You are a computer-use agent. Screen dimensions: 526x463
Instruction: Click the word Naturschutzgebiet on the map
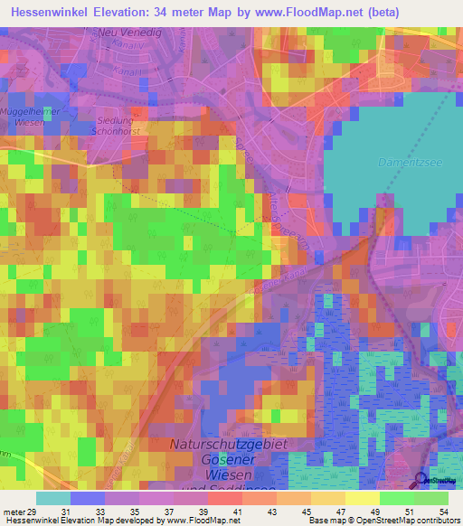pos(232,444)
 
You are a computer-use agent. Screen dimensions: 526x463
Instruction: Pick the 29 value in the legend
pos(33,512)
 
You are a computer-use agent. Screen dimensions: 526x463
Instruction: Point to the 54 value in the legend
pos(442,512)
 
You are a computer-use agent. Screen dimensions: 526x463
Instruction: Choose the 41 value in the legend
pos(237,512)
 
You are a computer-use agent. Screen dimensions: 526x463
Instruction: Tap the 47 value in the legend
pos(339,512)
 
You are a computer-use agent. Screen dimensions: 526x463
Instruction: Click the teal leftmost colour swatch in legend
pos(53,498)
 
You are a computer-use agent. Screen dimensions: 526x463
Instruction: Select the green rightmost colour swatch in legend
pos(431,498)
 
